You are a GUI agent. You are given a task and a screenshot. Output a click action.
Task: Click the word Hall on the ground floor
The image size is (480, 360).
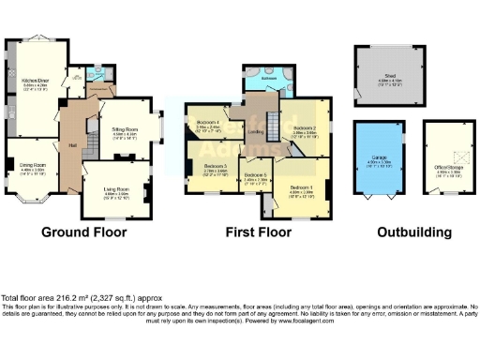(71, 145)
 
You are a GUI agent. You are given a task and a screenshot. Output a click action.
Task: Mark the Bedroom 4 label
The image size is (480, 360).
(208, 123)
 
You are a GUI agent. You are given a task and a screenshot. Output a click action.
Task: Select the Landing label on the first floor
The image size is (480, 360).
(253, 132)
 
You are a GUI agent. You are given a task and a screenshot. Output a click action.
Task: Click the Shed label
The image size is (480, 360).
(384, 76)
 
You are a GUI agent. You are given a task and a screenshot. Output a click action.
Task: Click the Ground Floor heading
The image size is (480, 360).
(86, 231)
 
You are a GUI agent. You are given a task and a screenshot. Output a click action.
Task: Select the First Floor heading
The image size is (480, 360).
(257, 231)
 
